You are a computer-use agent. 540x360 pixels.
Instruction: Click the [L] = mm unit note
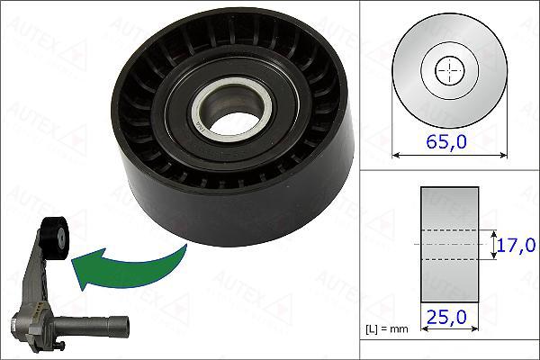coord(389,329)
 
